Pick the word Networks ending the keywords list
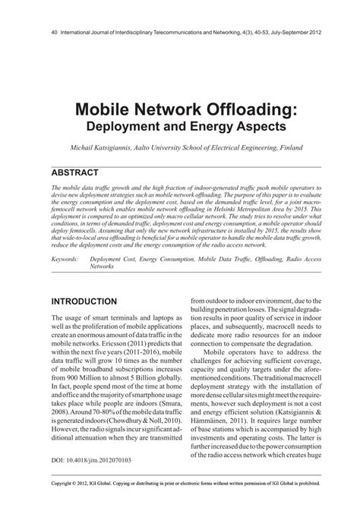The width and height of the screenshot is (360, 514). pos(102,267)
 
